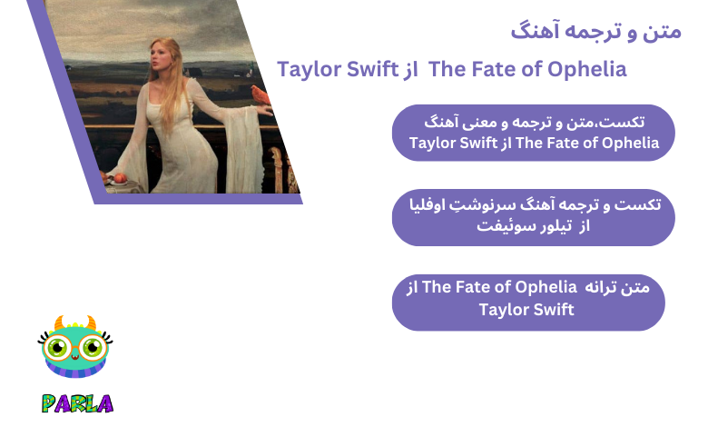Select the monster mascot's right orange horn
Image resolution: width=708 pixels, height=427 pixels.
coord(91,323)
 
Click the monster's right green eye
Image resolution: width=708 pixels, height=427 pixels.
coord(89,348)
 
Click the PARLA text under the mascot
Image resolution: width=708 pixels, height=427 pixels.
coord(76,402)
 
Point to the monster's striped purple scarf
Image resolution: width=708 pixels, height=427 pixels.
coord(75,378)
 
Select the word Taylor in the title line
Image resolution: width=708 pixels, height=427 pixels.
coord(311,69)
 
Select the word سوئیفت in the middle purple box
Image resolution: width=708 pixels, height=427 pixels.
coord(504,226)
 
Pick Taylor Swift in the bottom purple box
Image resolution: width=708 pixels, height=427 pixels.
coord(526,310)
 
